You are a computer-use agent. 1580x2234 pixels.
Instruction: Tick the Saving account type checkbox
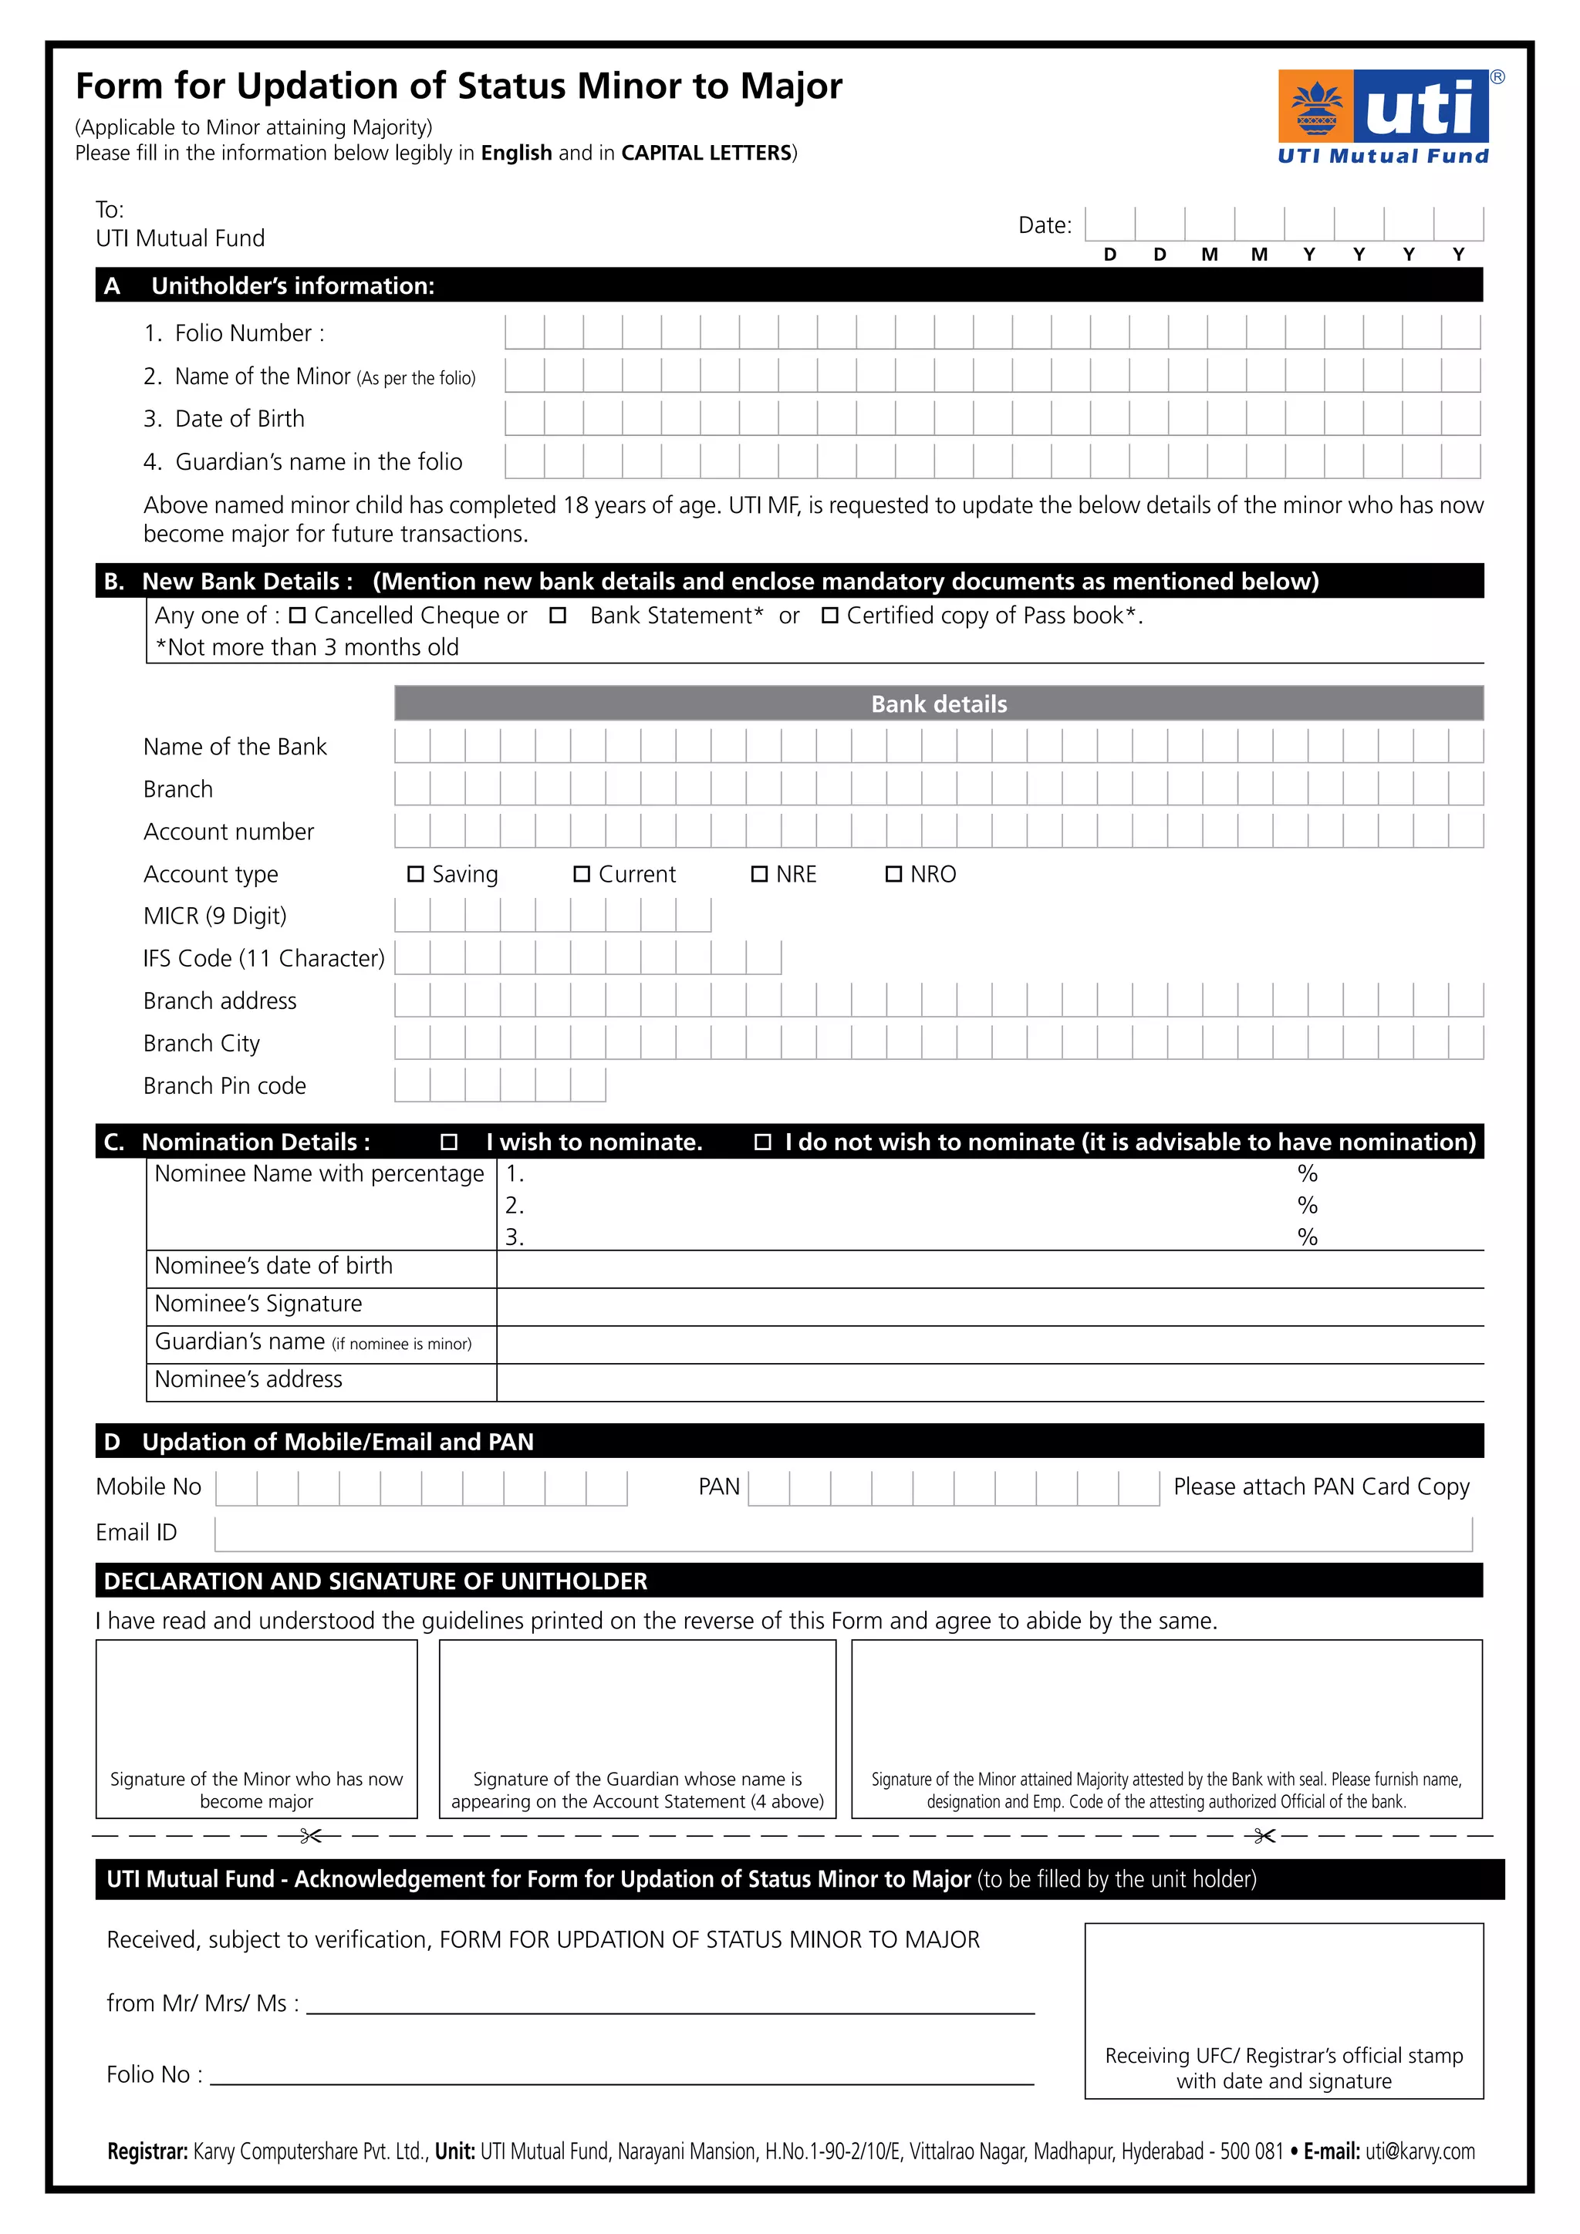(415, 874)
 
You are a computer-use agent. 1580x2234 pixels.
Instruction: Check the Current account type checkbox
(582, 874)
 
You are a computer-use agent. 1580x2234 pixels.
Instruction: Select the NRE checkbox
(760, 874)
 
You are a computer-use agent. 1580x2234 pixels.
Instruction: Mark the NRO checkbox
(893, 874)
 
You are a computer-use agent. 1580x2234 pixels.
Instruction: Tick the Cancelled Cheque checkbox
(298, 615)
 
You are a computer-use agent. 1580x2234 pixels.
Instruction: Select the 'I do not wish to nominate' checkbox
(763, 1142)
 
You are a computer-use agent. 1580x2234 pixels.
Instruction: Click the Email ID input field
(842, 1534)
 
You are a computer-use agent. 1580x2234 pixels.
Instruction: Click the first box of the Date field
(1109, 224)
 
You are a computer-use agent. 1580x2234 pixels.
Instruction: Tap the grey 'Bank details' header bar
(939, 704)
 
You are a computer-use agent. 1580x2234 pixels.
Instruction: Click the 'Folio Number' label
(249, 332)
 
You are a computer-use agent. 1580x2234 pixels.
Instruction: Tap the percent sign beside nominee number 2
(1307, 1206)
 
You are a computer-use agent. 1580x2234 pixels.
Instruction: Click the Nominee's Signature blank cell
(990, 1306)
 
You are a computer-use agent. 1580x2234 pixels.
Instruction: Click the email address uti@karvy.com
(1420, 2151)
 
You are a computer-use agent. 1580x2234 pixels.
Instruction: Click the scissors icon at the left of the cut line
(310, 1836)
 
